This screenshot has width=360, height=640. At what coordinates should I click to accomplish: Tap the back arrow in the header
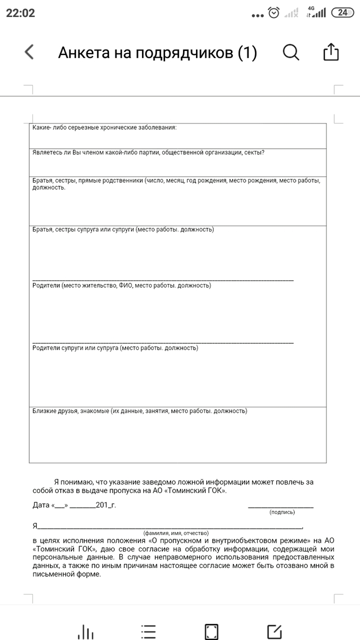coord(29,52)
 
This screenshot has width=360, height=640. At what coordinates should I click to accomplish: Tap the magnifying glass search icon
coord(291,52)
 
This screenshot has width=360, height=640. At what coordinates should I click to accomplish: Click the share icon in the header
coord(331,52)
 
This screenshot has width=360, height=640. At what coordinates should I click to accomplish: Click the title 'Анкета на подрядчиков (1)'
coord(157,52)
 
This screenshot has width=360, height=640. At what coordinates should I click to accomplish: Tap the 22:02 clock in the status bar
coord(21,13)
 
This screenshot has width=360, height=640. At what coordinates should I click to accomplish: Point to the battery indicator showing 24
coord(342,13)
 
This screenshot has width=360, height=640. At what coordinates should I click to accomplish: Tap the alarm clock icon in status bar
coord(274,13)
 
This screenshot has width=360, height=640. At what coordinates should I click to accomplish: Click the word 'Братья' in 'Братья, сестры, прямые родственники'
coord(43,181)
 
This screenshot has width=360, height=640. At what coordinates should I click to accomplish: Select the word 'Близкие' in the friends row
coord(44,411)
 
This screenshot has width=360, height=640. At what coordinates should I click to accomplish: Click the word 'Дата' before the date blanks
coord(41,505)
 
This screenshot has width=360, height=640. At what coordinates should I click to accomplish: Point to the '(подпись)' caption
coord(282,512)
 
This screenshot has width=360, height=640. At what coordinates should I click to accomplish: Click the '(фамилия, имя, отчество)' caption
coord(176,533)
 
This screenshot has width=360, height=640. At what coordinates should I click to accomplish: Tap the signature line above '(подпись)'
coord(281,507)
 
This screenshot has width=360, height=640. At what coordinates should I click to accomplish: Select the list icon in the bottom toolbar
coord(148,632)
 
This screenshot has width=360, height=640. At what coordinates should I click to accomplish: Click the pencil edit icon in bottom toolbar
coord(275,632)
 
